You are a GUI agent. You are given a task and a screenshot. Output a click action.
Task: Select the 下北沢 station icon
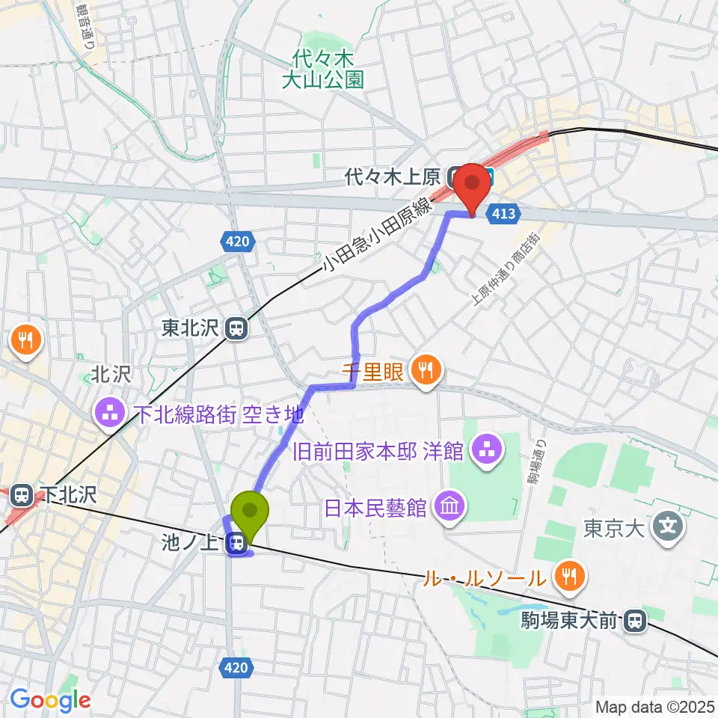[x=22, y=495]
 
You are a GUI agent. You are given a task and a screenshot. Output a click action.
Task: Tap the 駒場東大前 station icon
[x=635, y=620]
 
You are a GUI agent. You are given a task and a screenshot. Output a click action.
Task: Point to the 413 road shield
[x=503, y=215]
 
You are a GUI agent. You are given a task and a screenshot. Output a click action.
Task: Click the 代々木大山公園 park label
[x=322, y=70]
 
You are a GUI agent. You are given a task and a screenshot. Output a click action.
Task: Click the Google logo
[x=50, y=700]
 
